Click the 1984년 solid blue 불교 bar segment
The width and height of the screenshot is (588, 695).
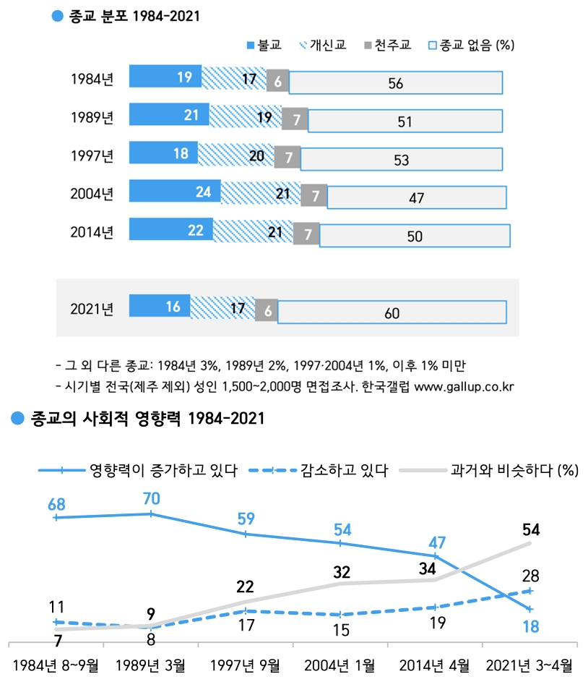point(165,77)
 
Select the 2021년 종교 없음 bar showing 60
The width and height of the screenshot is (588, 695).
point(392,313)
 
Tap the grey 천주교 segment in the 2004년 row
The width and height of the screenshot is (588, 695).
point(314,195)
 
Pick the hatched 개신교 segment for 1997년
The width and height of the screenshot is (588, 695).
point(235,155)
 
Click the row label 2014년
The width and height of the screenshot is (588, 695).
point(92,232)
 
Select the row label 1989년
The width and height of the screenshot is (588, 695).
point(92,117)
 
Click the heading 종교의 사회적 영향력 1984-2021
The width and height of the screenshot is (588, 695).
point(140,419)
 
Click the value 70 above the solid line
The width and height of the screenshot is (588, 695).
point(151,498)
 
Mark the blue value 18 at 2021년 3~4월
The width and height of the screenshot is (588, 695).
point(531,626)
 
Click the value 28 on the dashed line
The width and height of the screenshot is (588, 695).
point(531,575)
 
